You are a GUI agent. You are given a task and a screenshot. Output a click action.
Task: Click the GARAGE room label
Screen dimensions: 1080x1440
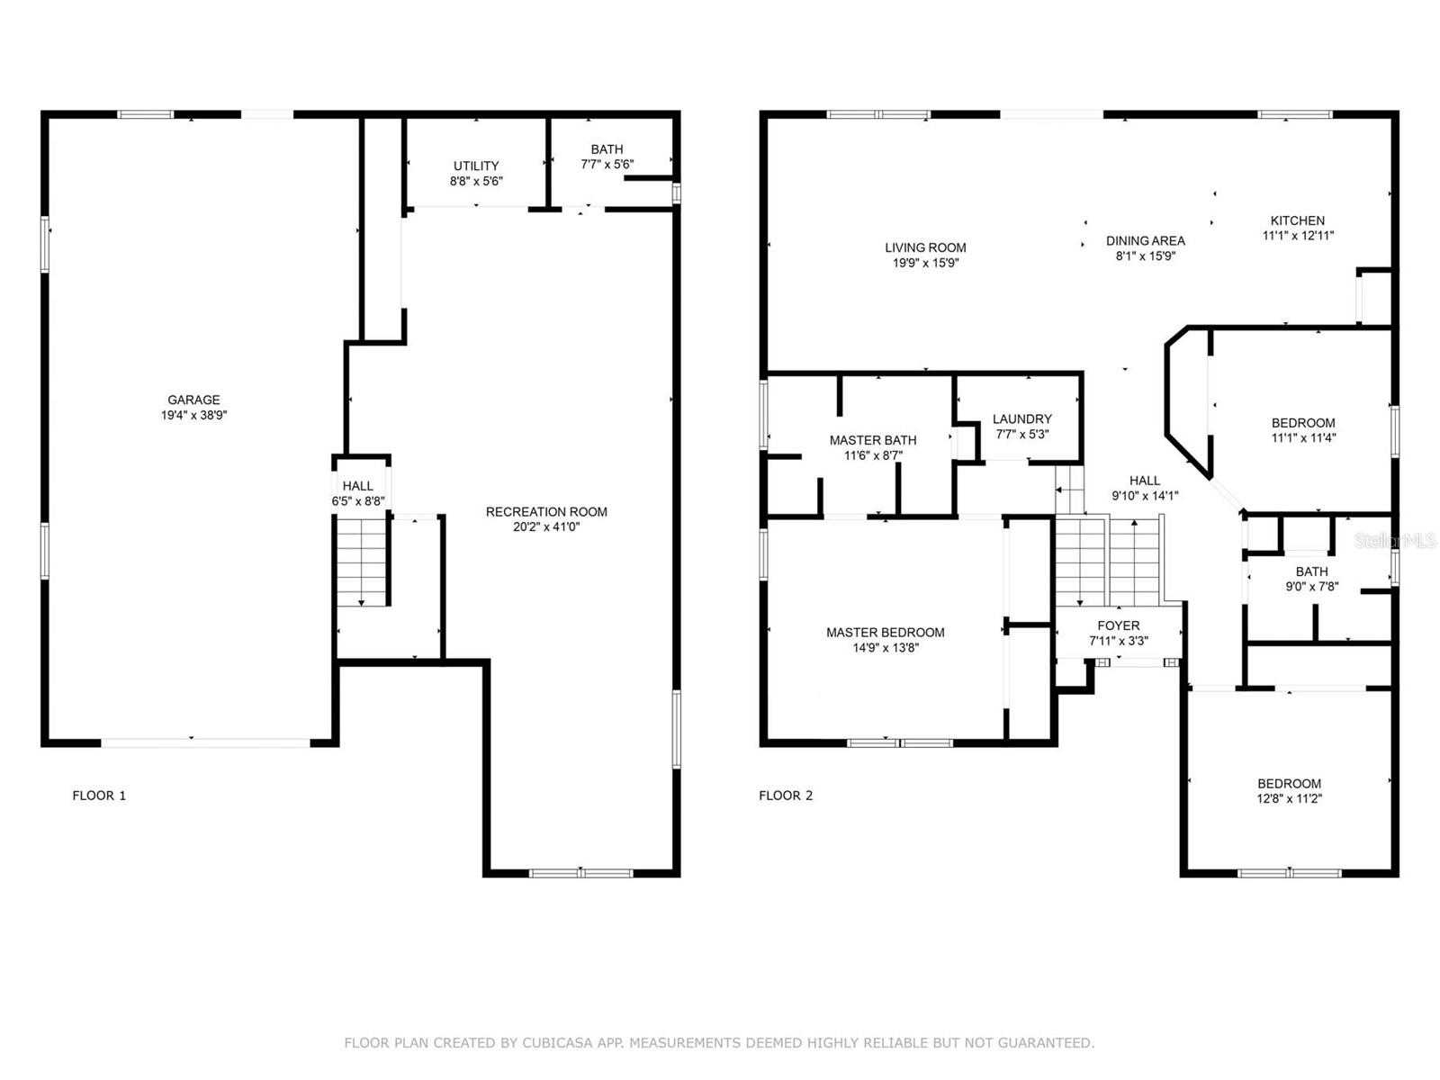coord(193,400)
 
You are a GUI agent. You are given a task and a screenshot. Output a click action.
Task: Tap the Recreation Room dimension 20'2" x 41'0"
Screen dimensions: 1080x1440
coord(546,527)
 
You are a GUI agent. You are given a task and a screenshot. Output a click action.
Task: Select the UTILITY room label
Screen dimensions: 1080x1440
coord(476,166)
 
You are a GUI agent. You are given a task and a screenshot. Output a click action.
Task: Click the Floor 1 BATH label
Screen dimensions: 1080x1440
coord(607,149)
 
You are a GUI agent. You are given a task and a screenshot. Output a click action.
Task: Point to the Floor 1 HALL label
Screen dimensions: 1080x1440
coord(357,486)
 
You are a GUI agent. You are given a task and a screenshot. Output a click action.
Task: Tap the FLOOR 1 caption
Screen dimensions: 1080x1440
coord(99,796)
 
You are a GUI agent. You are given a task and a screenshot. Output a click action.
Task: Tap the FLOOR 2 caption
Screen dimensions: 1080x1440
coord(786,796)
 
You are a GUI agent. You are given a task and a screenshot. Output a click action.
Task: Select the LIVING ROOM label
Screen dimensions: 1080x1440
coord(925,247)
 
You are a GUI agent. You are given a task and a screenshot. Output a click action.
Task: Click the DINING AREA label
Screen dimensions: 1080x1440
coord(1145,240)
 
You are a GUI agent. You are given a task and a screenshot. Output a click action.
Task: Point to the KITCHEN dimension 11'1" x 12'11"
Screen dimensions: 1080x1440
coord(1298,236)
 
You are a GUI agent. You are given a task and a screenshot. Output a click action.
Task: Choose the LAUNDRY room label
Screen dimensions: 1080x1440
coord(1021,418)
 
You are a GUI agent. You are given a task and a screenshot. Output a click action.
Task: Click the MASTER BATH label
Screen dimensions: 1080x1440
coord(873,440)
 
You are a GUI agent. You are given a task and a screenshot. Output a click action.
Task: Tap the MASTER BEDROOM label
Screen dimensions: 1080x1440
coord(886,633)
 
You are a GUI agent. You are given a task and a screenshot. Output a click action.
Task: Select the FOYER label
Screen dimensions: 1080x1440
coord(1119,625)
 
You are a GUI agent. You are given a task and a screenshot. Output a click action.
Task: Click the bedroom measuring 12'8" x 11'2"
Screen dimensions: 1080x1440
coord(1289,790)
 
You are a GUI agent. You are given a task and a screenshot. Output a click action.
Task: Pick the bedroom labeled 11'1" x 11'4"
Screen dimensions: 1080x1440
coord(1303,430)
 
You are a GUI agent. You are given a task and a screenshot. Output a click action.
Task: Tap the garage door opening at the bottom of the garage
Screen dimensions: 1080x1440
coord(205,743)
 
